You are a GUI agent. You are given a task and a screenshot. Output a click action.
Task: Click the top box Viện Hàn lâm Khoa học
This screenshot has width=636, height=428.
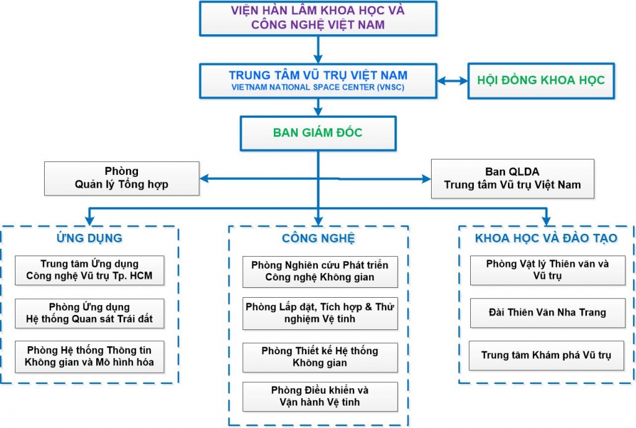317,18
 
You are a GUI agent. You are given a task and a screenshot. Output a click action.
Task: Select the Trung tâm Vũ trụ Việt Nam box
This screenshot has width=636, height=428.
317,81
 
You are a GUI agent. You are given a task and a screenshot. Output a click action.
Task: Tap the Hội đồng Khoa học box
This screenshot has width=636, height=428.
540,80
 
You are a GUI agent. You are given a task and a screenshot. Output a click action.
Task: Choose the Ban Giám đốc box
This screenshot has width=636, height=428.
317,133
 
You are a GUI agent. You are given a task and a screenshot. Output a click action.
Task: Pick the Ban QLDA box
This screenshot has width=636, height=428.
512,178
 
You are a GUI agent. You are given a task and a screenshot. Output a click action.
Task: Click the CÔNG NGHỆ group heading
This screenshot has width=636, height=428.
318,238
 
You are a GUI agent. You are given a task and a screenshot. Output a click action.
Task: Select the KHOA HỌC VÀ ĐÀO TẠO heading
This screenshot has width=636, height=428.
546,238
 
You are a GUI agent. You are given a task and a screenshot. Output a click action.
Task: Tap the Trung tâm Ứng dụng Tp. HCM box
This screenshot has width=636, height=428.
89,270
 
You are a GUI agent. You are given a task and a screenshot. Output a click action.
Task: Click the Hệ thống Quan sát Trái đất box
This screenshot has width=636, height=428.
89,314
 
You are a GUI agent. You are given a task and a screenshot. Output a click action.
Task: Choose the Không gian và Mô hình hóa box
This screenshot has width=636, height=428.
89,357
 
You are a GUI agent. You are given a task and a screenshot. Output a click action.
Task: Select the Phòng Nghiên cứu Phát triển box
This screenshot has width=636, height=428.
320,271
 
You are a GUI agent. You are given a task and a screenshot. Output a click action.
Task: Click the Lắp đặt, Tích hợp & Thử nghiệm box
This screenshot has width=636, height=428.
320,313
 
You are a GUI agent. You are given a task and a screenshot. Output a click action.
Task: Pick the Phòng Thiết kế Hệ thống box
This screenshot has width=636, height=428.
320,357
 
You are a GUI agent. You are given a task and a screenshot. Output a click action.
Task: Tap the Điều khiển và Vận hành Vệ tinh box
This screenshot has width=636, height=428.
320,396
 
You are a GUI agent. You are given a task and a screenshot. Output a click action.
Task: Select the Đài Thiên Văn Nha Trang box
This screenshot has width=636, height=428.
547,313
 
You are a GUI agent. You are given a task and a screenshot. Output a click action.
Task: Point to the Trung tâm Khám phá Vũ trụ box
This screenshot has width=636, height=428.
547,355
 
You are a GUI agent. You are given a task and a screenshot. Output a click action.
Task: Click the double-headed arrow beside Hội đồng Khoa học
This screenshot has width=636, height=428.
452,81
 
